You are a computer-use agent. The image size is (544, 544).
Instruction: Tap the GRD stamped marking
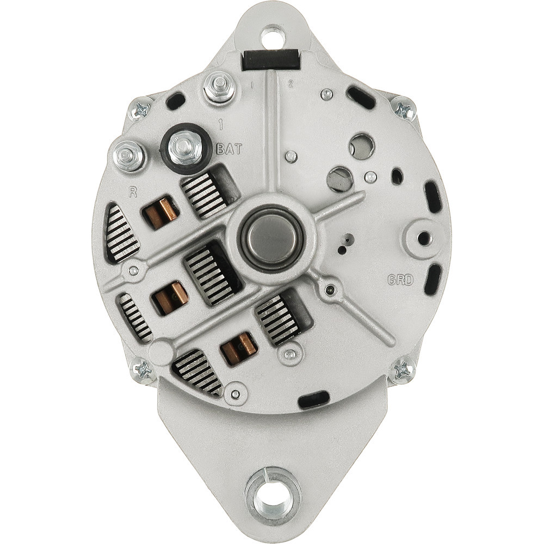tap(400, 280)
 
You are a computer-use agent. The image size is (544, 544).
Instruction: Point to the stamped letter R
tap(133, 192)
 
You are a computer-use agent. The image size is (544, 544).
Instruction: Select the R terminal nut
tap(129, 156)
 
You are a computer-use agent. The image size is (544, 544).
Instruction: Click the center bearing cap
tap(271, 239)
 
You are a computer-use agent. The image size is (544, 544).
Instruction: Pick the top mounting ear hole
tap(273, 36)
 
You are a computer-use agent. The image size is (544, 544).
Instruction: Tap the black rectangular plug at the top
tap(270, 60)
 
